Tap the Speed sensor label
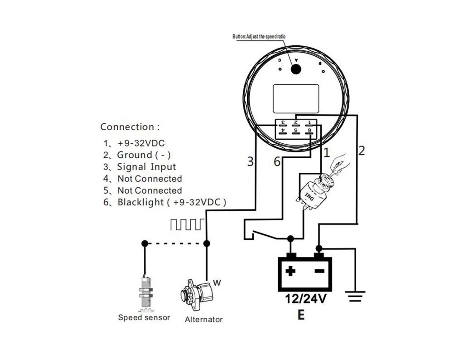click(x=144, y=317)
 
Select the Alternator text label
click(x=203, y=319)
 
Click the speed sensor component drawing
click(x=145, y=292)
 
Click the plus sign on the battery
click(x=290, y=272)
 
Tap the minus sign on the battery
click(x=319, y=272)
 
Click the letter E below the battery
click(x=301, y=315)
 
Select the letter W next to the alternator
click(x=217, y=283)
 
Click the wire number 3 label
click(x=250, y=161)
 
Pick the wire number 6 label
click(x=277, y=161)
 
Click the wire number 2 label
click(x=361, y=151)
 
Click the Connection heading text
click(x=130, y=127)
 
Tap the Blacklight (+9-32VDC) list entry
click(x=165, y=202)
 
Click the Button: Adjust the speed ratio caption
click(x=259, y=36)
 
